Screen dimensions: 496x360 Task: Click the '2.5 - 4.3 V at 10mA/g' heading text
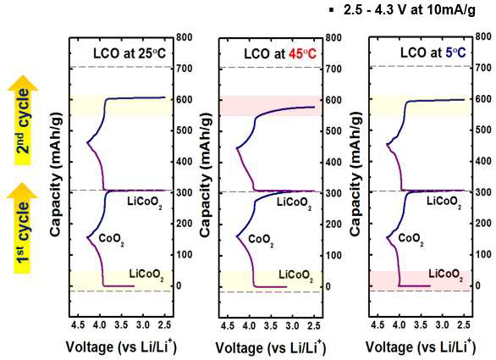(x=410, y=10)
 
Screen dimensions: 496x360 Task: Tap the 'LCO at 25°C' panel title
(x=130, y=53)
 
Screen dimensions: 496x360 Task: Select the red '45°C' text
(x=302, y=54)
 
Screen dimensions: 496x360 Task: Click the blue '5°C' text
(x=455, y=53)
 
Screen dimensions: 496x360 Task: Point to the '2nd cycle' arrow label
(x=23, y=120)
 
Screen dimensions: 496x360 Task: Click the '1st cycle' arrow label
(x=23, y=232)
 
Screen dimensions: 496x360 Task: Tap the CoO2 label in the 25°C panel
(x=112, y=240)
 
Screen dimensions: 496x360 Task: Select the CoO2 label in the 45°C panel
(x=261, y=240)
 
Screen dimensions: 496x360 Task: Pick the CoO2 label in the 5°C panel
(x=411, y=239)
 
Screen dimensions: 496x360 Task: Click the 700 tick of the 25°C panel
(x=184, y=69)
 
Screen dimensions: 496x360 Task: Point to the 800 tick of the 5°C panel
(x=483, y=36)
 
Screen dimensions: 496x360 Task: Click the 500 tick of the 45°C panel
(x=333, y=130)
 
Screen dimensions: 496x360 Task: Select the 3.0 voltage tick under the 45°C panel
(x=292, y=325)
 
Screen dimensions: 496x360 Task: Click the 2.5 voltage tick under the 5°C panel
(x=464, y=325)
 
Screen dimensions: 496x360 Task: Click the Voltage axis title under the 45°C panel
(x=271, y=347)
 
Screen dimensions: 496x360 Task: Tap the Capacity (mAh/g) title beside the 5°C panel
(x=355, y=174)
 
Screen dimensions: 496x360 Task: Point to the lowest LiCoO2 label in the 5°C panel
(x=446, y=274)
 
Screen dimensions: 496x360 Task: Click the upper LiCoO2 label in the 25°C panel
(x=145, y=202)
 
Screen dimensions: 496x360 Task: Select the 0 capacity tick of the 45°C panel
(x=328, y=286)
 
